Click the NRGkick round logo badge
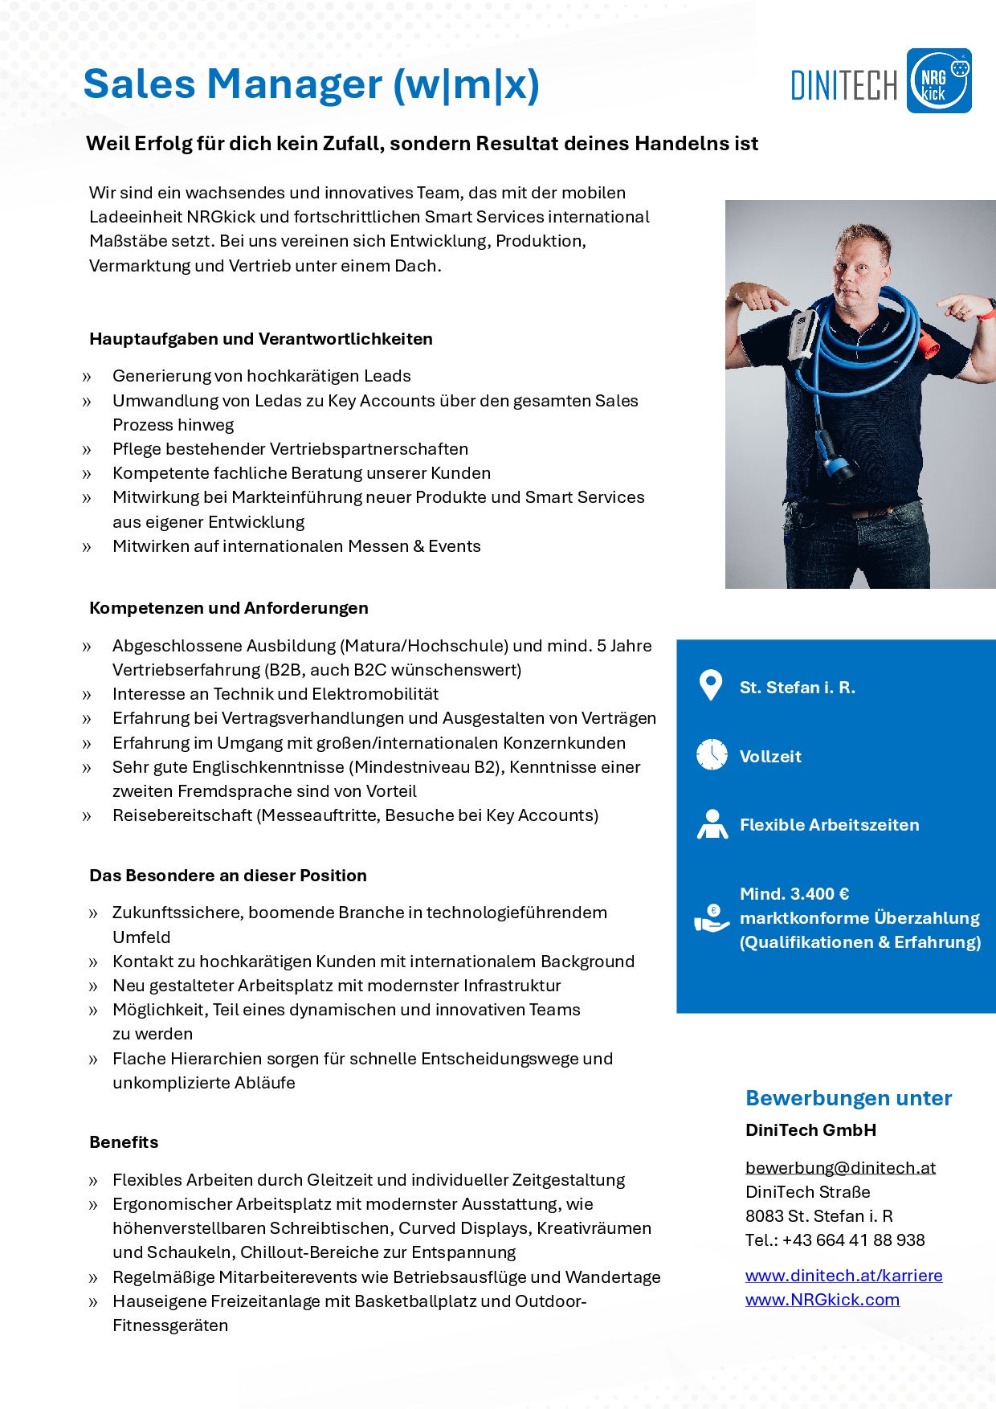938,81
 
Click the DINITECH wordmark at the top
843,85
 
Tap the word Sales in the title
140,84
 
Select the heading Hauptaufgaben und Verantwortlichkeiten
261,339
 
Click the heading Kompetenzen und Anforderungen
229,608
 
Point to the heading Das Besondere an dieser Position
228,876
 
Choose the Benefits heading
124,1142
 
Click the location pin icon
711,685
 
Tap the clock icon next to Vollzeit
712,755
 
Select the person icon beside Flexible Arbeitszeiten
712,824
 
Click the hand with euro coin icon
712,918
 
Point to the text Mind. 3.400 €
794,894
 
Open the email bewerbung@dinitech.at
840,1167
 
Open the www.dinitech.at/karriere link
843,1276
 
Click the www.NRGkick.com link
822,1300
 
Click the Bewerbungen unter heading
848,1098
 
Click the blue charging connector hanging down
833,453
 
